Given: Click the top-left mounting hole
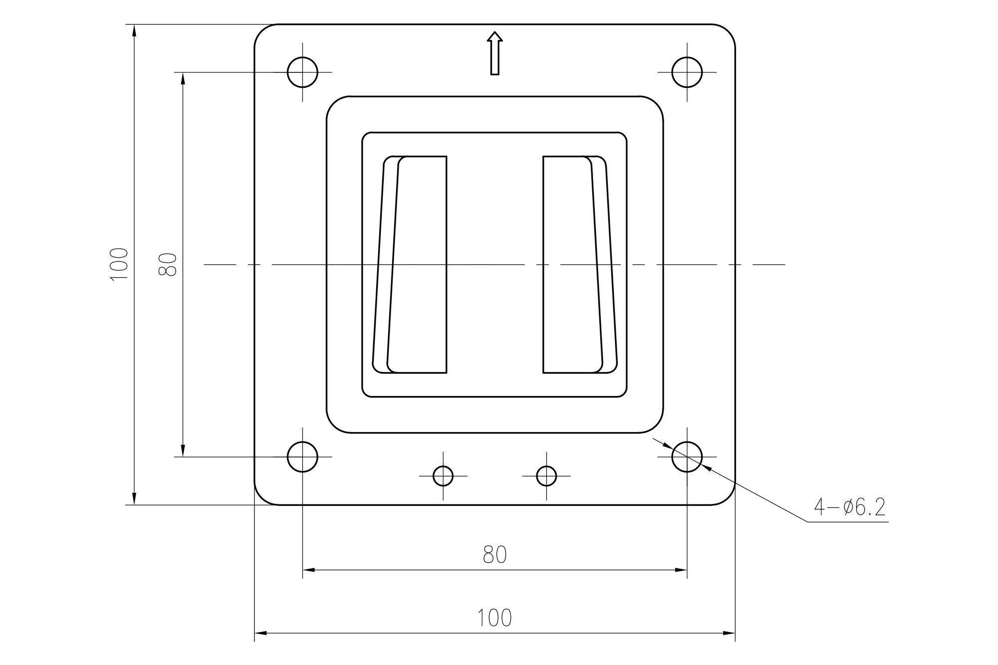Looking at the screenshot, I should coord(302,72).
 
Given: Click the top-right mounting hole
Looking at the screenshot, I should coord(687,72).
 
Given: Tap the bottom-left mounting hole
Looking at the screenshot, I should coord(302,456).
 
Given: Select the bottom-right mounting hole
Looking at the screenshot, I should coord(687,456).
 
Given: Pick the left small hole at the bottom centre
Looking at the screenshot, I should coord(443,476).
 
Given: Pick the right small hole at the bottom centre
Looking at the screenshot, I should coord(546,476).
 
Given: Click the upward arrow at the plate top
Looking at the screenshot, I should coord(495,53).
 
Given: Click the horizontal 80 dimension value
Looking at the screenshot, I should coord(495,555).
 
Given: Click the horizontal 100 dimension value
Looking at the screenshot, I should coord(495,618).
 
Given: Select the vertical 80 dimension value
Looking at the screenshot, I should coord(168,264).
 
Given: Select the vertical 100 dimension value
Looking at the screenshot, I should coord(119,264).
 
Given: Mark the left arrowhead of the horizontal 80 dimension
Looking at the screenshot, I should coord(308,570).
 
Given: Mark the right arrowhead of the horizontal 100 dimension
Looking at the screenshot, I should coord(730,633).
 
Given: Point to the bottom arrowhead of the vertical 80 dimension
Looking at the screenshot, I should coord(183,450).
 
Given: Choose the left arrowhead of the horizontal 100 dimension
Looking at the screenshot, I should coord(260,633).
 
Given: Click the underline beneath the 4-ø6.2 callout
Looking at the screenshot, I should coord(848,522).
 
